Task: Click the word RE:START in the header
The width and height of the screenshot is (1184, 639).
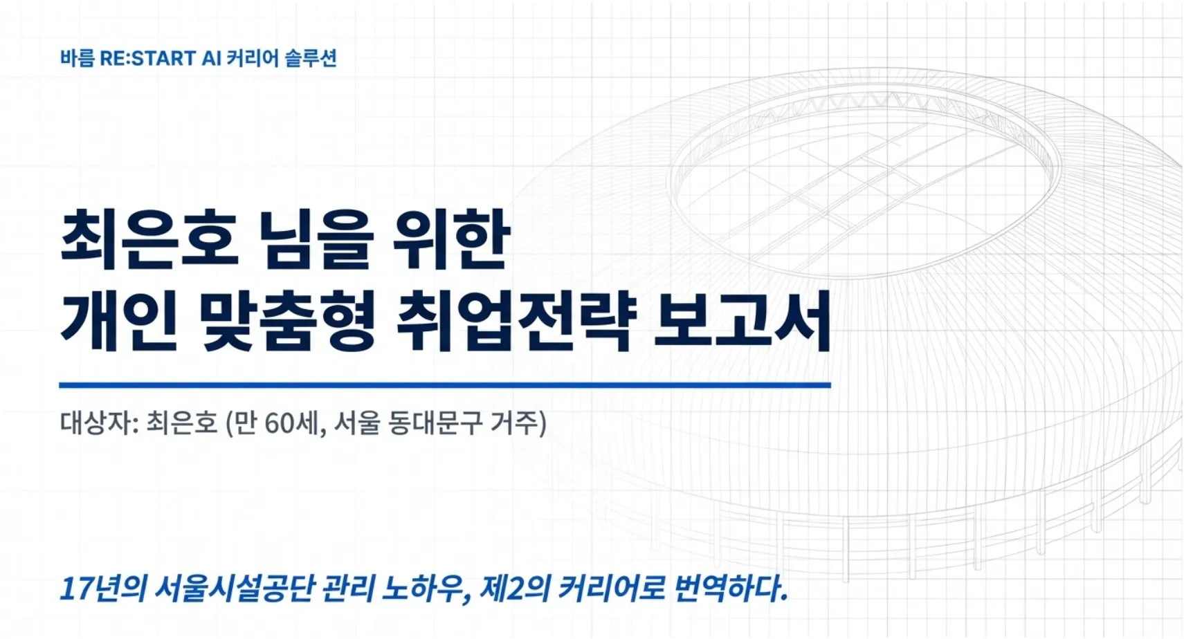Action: [x=147, y=58]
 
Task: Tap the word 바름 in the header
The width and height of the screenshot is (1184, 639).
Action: [x=77, y=58]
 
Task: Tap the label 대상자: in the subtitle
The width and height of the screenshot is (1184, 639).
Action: [x=100, y=423]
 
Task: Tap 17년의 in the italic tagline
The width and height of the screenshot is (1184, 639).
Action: [x=103, y=589]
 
